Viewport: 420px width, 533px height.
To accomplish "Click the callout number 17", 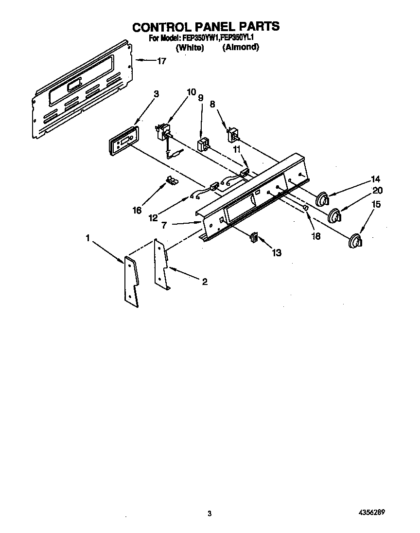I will click(161, 61).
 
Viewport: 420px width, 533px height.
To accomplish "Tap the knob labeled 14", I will click(322, 199).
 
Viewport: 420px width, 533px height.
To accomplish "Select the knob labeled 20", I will click(334, 215).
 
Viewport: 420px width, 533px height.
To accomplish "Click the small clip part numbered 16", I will click(172, 181).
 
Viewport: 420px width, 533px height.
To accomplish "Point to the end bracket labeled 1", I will click(131, 281).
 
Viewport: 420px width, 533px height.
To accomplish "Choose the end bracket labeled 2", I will click(161, 265).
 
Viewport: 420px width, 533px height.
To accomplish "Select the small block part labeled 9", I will click(203, 144).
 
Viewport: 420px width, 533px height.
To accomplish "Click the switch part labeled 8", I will click(233, 134).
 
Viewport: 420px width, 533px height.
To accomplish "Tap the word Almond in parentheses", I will click(241, 48).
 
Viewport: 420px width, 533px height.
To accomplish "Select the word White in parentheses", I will click(190, 48).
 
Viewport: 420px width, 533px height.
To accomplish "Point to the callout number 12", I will click(153, 218).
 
